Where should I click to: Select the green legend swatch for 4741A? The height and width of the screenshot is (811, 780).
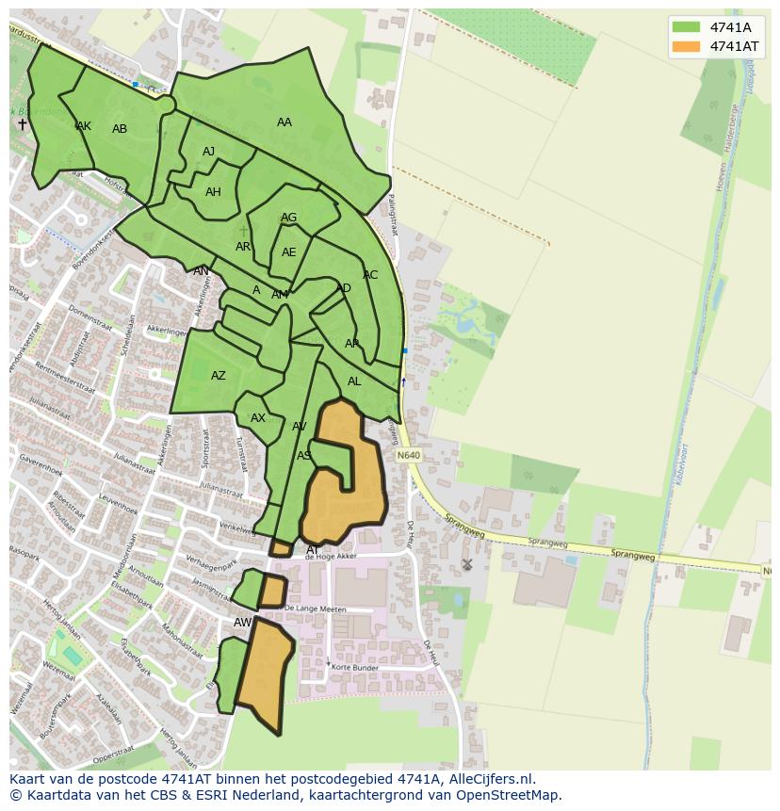[686, 26]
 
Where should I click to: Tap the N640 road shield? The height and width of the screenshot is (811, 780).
[408, 456]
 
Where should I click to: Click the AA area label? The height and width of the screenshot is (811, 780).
[284, 122]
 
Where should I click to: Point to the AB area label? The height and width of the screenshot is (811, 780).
[120, 129]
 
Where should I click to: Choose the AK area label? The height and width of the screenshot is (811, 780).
[84, 126]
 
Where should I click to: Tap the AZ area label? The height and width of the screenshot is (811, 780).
[219, 376]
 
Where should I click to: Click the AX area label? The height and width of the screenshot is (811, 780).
[258, 418]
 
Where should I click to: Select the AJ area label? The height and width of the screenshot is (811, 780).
[209, 152]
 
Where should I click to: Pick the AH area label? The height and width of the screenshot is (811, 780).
[213, 192]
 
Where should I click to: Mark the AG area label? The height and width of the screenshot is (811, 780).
[288, 218]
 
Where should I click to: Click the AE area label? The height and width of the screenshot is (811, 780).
[288, 252]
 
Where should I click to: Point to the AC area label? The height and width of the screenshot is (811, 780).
[370, 275]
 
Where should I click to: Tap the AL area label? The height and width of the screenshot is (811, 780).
[354, 381]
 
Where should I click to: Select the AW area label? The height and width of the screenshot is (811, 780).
[242, 623]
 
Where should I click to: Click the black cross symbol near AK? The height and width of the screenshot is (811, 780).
[23, 124]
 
